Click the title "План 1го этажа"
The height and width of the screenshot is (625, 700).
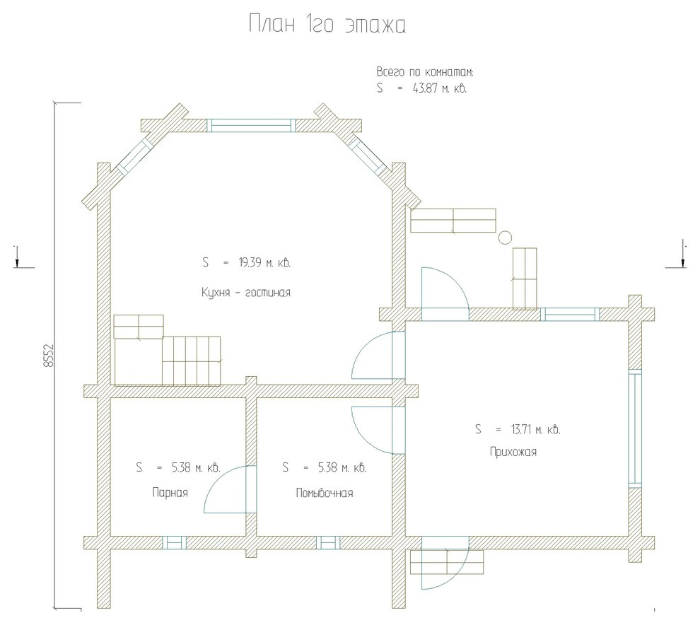coord(327,24)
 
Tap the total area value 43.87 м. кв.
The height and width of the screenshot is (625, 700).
coord(440,88)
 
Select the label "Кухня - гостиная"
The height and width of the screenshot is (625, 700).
coord(246,293)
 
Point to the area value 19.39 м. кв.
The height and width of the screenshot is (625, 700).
coord(264,262)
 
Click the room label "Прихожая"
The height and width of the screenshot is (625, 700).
coord(513,452)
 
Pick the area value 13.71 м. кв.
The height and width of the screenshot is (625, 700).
coord(536,429)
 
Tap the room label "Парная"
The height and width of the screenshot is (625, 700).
coord(170,493)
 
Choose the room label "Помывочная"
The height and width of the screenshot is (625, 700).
coord(325,493)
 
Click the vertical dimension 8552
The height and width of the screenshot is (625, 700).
coord(49,356)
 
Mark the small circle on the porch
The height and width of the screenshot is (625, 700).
coord(505,237)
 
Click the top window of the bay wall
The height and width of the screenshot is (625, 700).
coord(251,125)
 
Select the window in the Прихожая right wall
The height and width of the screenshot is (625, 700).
coord(635,428)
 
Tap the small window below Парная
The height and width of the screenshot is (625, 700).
coord(174,542)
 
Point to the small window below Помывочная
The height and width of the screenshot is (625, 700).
coord(328,542)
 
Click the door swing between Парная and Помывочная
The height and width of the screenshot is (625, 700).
coord(226,489)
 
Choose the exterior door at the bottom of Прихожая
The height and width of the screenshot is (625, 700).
coord(445,563)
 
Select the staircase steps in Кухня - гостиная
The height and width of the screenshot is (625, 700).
coord(192,361)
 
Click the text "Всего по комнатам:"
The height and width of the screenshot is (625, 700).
coord(426,72)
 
